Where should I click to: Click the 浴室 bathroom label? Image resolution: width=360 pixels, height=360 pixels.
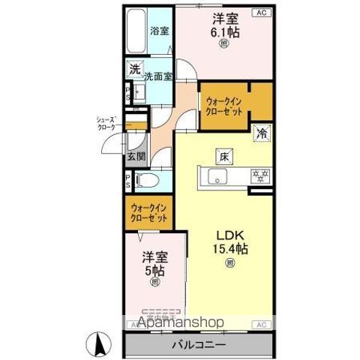(157, 31)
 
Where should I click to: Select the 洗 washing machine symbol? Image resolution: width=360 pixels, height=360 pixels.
(133, 69)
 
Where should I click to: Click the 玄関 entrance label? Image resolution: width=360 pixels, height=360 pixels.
(136, 157)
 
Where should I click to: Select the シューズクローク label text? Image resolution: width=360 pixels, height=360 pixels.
(106, 124)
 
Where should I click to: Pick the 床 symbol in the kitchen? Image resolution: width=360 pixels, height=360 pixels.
(223, 156)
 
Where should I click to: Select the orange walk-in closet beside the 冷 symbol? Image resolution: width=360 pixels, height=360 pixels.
(223, 105)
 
